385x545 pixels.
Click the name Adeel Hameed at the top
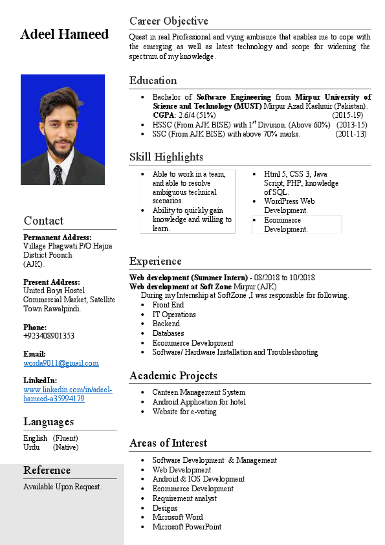click(65, 34)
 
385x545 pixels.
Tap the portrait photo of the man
click(63, 129)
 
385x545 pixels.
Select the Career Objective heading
click(168, 21)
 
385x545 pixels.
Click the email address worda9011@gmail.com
click(61, 363)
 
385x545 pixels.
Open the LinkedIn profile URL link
click(67, 394)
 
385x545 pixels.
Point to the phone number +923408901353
click(49, 336)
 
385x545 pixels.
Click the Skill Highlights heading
click(166, 157)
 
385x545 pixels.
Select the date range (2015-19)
click(351, 115)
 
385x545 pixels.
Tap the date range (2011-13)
click(351, 134)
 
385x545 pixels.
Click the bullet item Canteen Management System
click(199, 392)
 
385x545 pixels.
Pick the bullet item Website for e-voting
click(184, 412)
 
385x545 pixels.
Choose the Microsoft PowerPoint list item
click(187, 527)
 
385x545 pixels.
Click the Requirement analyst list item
click(184, 498)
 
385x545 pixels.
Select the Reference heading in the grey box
click(47, 470)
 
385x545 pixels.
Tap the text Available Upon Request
click(62, 486)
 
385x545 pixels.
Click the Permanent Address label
click(58, 238)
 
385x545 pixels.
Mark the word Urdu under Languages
click(32, 447)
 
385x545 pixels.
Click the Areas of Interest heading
click(168, 443)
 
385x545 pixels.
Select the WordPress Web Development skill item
click(289, 206)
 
